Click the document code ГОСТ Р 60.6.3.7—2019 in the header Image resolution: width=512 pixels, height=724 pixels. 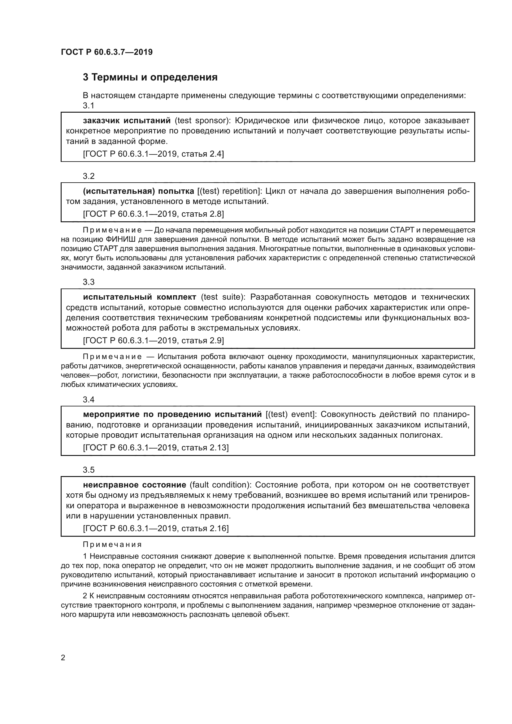(107, 52)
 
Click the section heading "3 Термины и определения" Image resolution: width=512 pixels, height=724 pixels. (150, 77)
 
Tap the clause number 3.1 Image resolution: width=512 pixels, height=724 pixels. (89, 106)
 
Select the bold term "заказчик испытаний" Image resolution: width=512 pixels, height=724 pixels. (127, 121)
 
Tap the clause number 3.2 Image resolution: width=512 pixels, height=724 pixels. (89, 176)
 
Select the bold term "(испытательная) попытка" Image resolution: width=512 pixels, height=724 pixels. (138, 191)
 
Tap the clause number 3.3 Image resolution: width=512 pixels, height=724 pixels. (89, 282)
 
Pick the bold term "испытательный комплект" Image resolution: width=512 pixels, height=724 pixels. (140, 297)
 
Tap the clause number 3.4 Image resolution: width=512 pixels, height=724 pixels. (89, 400)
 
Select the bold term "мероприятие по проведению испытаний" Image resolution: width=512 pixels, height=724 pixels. (172, 414)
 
